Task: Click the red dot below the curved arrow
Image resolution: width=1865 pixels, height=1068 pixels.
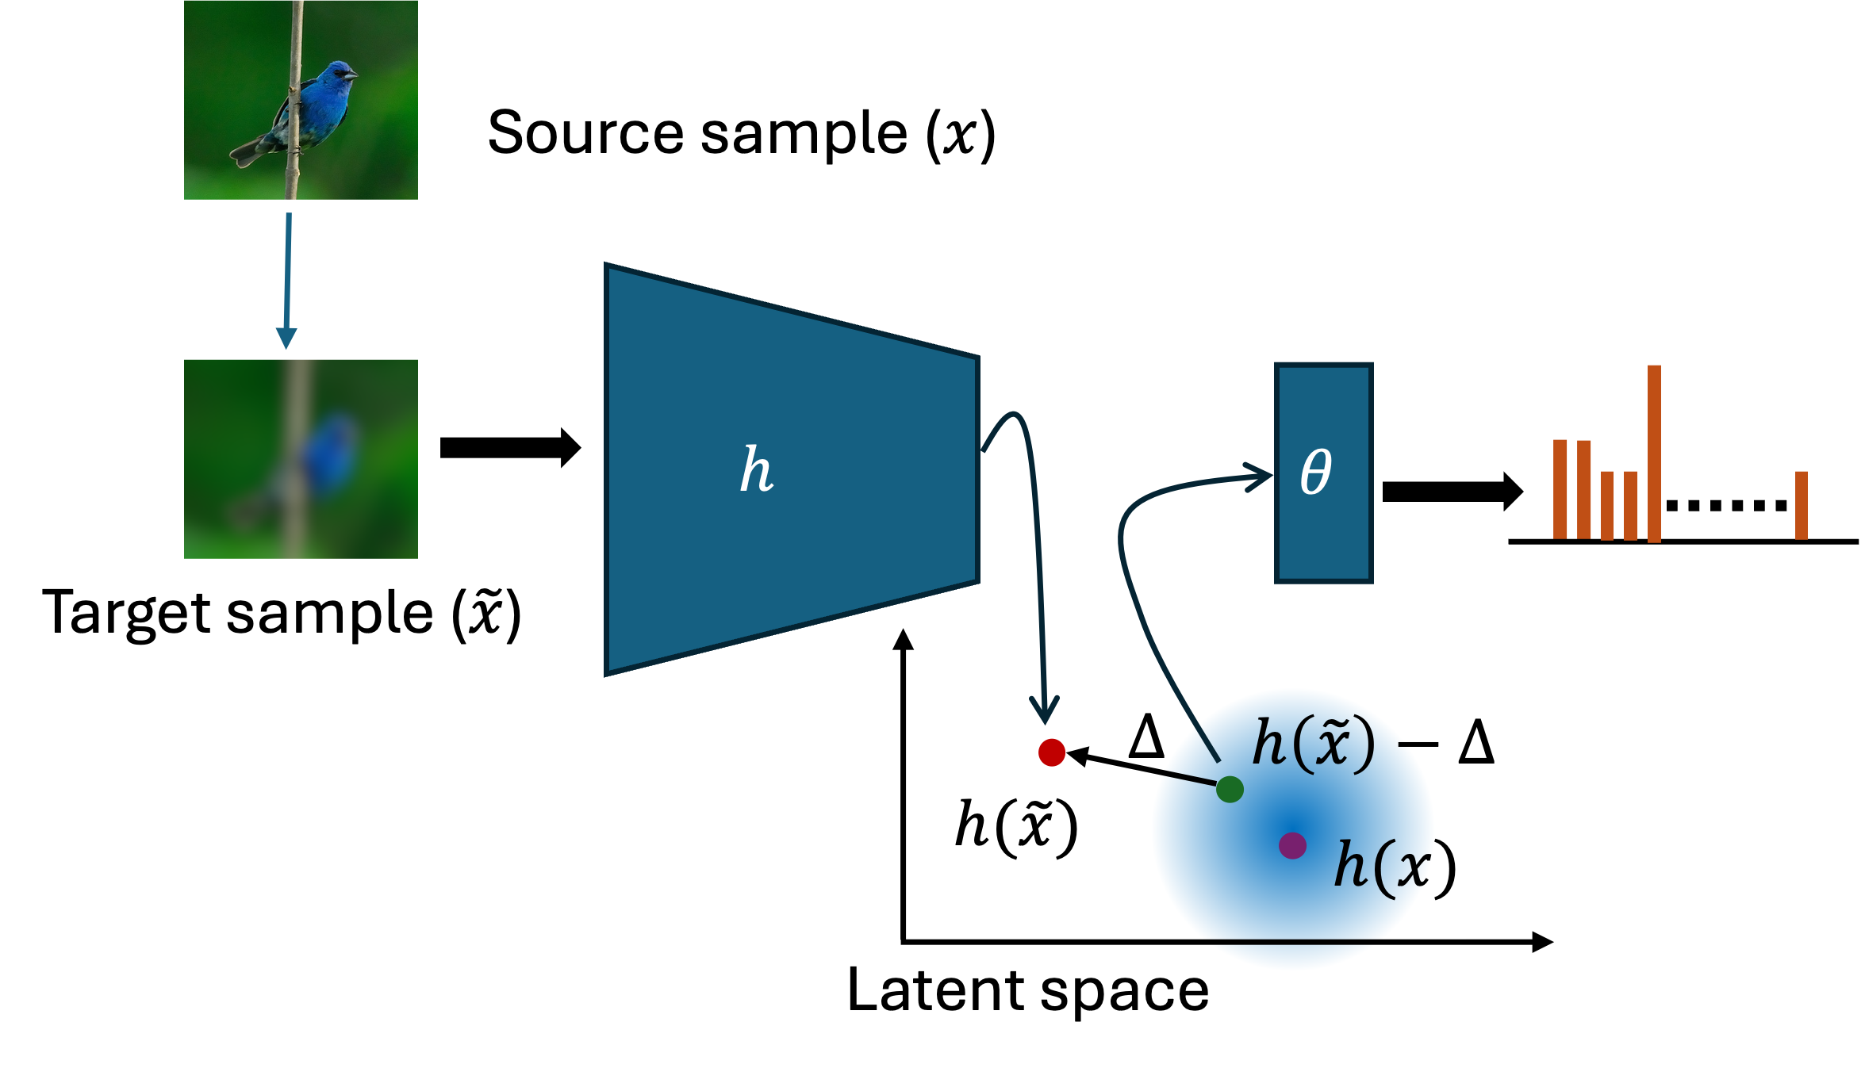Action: coord(1051,752)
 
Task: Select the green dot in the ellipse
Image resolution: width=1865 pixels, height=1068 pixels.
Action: coord(1229,789)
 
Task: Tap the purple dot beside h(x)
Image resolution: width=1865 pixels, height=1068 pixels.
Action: coord(1292,845)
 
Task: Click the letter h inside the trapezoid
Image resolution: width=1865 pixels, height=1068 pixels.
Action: coord(756,469)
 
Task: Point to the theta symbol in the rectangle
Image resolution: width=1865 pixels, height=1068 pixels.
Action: coord(1315,472)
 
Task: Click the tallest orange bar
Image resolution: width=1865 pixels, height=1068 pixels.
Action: coord(1654,454)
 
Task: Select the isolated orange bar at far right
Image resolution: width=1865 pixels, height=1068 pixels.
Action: coord(1801,505)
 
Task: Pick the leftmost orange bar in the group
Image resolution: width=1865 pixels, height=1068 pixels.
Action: coord(1560,488)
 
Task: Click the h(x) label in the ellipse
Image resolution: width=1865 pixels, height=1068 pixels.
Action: coord(1395,867)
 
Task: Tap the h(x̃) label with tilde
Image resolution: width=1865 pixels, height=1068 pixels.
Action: coord(1313,744)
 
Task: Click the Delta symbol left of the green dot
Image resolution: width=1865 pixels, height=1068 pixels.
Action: coord(1146,737)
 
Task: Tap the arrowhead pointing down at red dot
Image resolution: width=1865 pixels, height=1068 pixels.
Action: coord(1045,710)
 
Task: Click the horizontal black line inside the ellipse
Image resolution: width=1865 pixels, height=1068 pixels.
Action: coord(1292,941)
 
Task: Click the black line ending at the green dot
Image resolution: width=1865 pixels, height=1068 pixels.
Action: coord(1154,772)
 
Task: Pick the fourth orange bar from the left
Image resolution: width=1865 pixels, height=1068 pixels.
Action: coord(1630,505)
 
